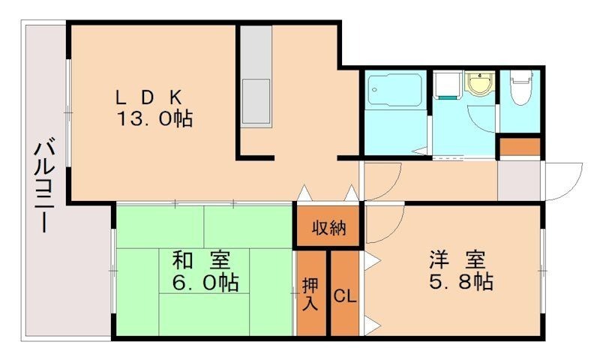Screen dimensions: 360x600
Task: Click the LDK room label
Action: click(148, 97)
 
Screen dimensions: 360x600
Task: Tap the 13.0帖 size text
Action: click(154, 118)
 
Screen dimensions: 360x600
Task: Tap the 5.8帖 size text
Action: click(460, 283)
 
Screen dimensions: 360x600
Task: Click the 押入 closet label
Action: click(310, 294)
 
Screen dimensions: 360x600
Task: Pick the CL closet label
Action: click(344, 295)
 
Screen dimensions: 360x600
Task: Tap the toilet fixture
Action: click(519, 88)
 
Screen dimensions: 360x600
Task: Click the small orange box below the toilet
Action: click(520, 147)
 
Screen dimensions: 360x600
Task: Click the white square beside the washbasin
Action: click(448, 84)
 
